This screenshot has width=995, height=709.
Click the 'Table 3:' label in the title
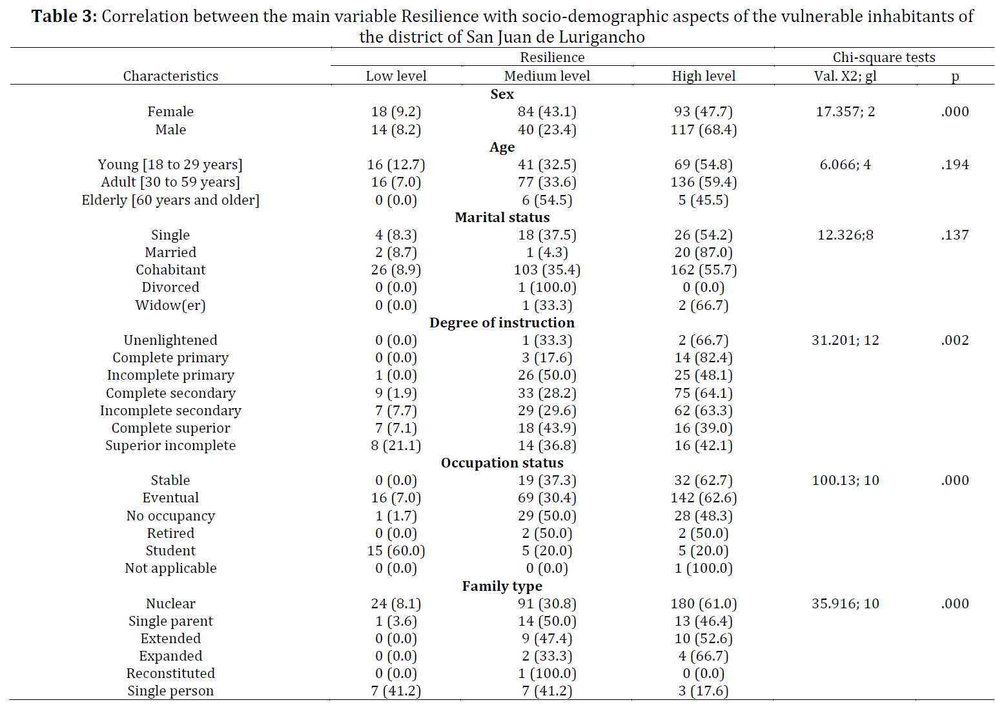pos(64,16)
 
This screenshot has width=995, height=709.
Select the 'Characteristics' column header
pos(170,76)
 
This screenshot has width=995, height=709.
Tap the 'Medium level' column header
pos(547,76)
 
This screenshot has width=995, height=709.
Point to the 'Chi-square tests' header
pos(883,57)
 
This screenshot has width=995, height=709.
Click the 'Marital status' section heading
pos(502,217)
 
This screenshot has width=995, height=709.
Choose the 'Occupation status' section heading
pos(502,463)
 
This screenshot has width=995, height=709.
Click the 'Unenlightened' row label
pos(170,340)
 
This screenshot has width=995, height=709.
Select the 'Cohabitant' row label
pos(170,270)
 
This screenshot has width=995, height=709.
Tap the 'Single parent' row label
pos(170,621)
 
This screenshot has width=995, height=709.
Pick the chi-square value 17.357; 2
pos(845,112)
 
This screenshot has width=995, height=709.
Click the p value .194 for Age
pos(954,165)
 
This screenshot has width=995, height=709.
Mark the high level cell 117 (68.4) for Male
pos(704,130)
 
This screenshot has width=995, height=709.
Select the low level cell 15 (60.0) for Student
pos(396,551)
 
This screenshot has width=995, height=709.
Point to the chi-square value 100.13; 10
pos(845,480)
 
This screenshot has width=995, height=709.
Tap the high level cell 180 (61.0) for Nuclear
pos(704,604)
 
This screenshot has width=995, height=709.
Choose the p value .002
pos(954,340)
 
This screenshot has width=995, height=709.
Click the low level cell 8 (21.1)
pos(396,446)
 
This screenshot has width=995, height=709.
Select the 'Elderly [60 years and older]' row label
pos(170,200)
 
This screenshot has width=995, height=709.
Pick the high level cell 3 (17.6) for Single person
pos(704,691)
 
